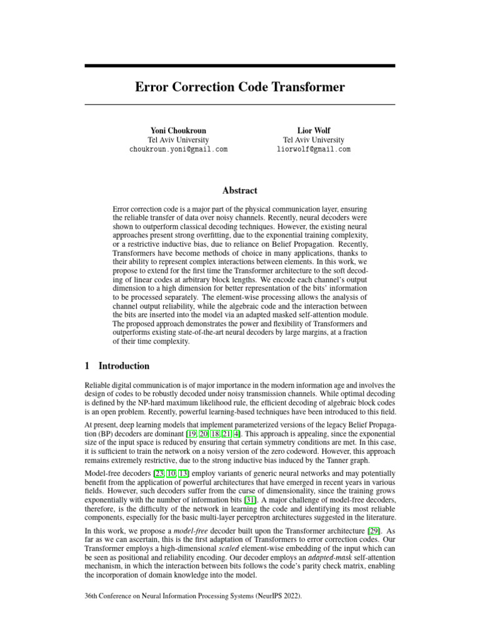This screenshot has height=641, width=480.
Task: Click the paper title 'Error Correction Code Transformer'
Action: pos(240,87)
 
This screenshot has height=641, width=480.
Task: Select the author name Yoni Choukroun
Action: pos(178,130)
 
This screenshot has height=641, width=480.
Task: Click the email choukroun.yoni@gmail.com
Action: pos(178,150)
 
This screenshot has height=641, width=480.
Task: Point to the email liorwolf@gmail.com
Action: pos(313,150)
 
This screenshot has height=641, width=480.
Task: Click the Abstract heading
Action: pos(240,190)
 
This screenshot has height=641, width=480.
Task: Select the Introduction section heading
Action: pos(124,366)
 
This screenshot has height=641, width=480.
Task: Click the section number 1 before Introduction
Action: pos(87,366)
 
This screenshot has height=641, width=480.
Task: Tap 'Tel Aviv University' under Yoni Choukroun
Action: pos(178,140)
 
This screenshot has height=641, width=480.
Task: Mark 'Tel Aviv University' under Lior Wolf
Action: pos(313,140)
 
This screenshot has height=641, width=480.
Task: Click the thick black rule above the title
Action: pos(240,65)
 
